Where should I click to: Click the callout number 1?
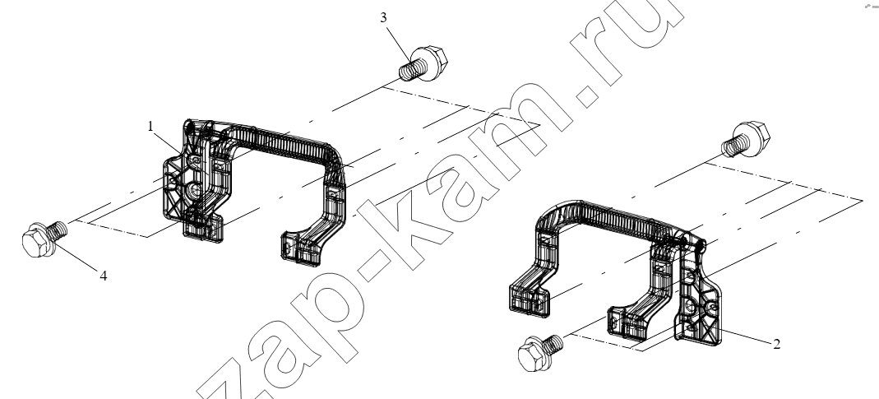coord(150,127)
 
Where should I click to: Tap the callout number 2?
coord(776,344)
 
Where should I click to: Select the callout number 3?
coord(383,18)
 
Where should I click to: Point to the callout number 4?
coord(104,276)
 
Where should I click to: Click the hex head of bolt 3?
coord(431,62)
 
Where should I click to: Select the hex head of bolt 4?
coord(36,241)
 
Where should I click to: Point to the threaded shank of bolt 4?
coord(57,230)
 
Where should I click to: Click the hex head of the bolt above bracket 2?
coord(752,137)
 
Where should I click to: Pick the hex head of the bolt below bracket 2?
coord(534,354)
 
